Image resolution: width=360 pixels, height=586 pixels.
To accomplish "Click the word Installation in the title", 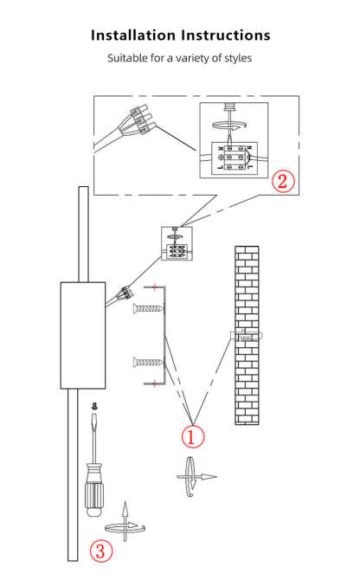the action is point(133,35).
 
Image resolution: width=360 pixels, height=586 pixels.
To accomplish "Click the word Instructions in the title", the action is point(226,35).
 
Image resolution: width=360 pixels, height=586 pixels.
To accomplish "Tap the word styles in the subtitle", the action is point(238,58).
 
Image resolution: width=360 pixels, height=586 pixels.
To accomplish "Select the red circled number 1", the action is point(193,436).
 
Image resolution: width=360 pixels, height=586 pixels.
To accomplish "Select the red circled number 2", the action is point(283,181).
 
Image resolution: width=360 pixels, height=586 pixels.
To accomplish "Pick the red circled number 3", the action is point(101,551).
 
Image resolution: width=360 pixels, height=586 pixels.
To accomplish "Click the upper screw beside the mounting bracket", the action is point(148,308).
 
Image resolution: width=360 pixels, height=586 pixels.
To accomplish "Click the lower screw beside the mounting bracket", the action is point(148,362).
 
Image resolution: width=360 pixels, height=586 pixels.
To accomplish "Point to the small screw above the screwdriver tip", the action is point(95,406).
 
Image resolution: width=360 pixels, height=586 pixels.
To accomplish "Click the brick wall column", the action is point(247,335).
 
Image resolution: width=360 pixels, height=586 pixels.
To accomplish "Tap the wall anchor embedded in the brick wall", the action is point(247,336).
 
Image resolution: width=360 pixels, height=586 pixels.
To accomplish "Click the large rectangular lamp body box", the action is point(83,335).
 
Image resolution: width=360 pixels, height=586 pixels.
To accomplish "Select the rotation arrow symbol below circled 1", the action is point(195,476).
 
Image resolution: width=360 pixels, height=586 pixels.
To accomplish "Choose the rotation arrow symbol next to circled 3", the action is point(125,523).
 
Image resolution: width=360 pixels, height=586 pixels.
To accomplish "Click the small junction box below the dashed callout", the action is point(177,243).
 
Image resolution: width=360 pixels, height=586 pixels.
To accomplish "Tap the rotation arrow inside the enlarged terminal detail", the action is point(229,126).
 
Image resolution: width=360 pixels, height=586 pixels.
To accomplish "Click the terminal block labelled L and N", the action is point(235,157).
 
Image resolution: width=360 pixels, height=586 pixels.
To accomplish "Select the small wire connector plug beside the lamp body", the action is point(126,293).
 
